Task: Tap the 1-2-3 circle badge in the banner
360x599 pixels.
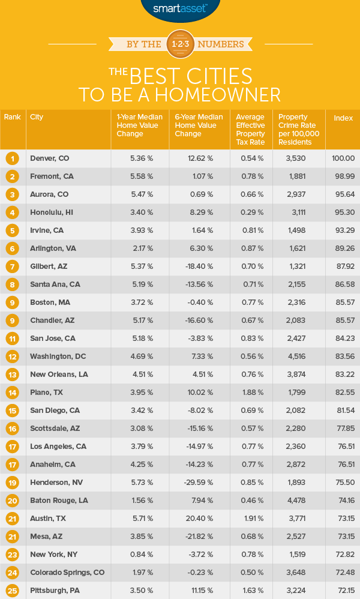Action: [x=180, y=44]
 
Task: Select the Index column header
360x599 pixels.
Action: [x=343, y=118]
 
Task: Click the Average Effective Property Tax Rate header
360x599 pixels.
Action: [x=251, y=129]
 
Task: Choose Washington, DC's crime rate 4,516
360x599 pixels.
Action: [x=299, y=357]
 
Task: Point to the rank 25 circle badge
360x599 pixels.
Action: [x=12, y=591]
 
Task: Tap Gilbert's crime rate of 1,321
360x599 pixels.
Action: [x=299, y=266]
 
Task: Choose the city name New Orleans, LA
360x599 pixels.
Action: [x=59, y=375]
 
